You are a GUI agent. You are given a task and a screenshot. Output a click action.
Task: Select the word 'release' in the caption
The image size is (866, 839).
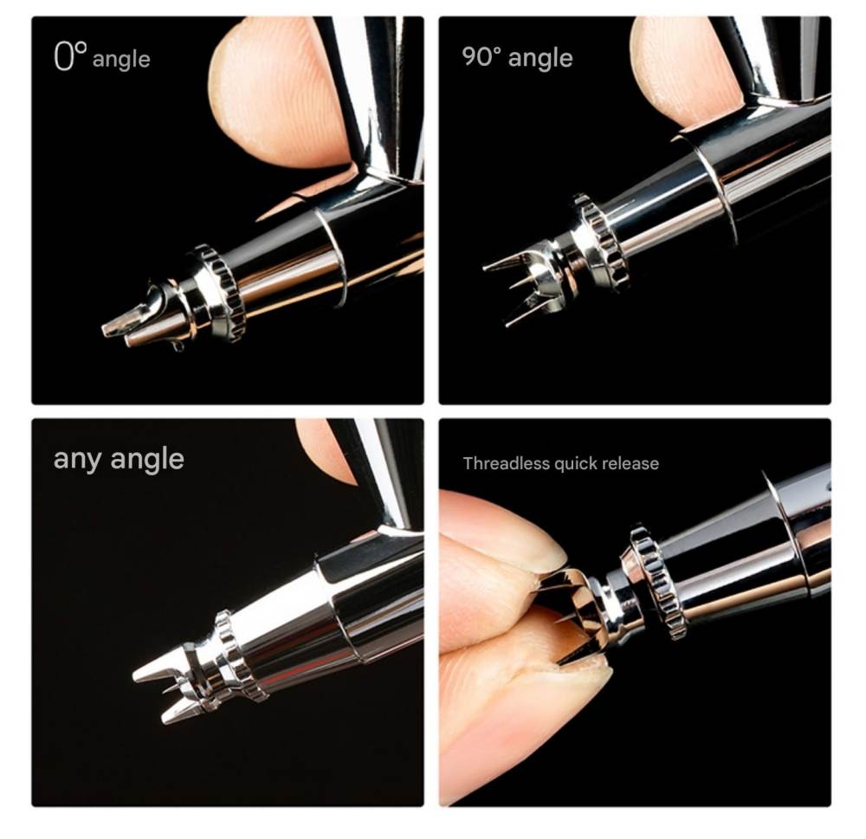point(631,463)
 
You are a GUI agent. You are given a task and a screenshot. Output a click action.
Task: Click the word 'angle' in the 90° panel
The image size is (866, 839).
point(540,58)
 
